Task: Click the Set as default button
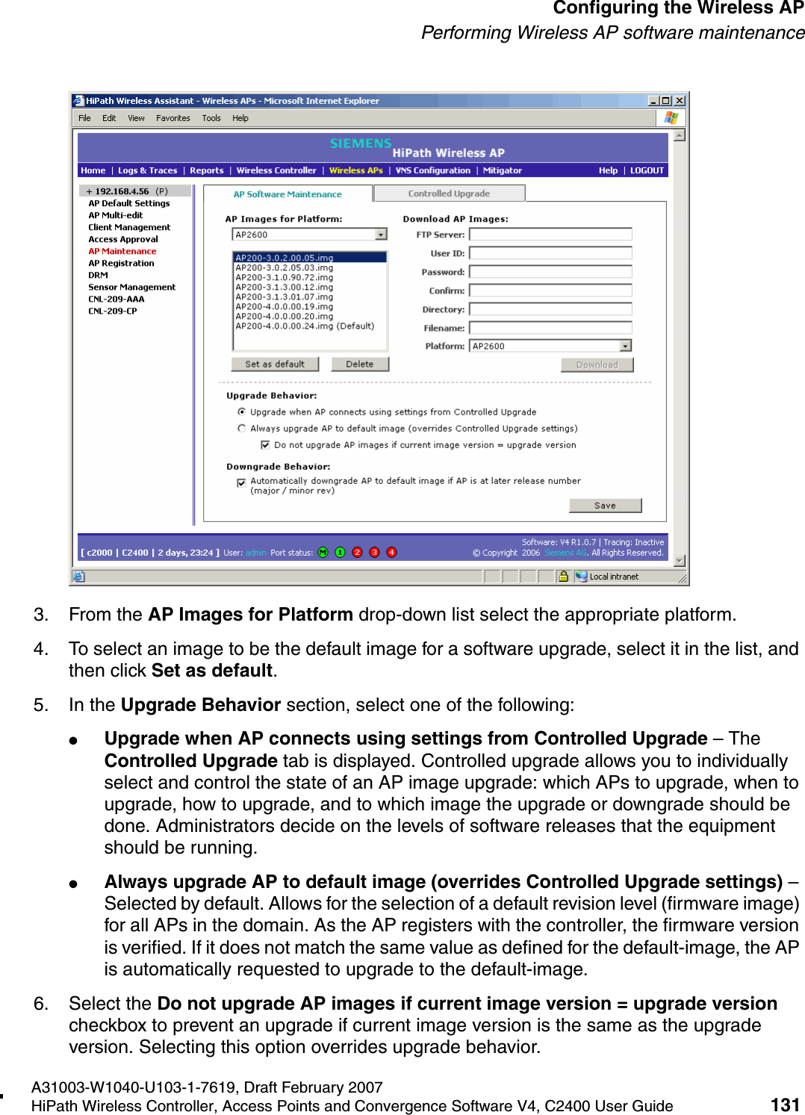click(x=275, y=364)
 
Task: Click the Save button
click(x=605, y=506)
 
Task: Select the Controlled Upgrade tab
click(x=449, y=193)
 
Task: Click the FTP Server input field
click(x=550, y=235)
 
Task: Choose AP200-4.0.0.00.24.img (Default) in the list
click(x=305, y=326)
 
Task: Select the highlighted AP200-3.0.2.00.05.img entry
click(x=285, y=258)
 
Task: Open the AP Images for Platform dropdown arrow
click(x=381, y=235)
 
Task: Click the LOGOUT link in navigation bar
click(x=647, y=170)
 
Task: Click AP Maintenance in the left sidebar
click(x=122, y=251)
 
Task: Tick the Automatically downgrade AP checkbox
click(x=241, y=482)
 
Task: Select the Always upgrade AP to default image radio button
click(x=242, y=428)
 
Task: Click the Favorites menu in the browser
click(x=172, y=118)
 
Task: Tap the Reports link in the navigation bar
click(x=207, y=170)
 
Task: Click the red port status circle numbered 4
click(x=391, y=553)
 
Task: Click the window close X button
click(x=680, y=101)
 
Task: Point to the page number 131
click(x=785, y=1105)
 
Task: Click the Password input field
click(x=550, y=272)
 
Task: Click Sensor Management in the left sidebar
click(x=132, y=287)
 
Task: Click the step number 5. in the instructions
click(x=41, y=705)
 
